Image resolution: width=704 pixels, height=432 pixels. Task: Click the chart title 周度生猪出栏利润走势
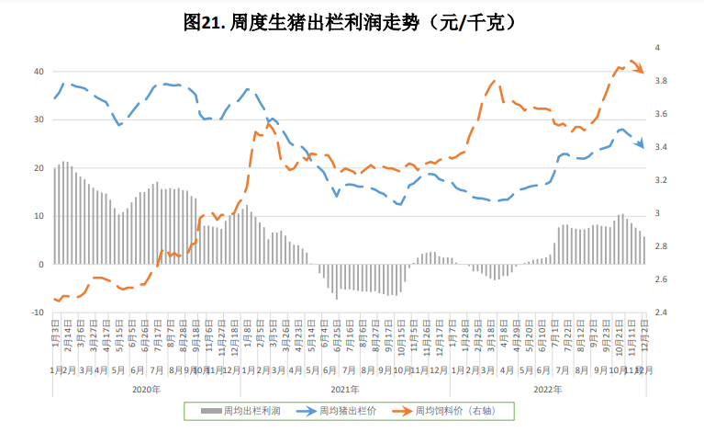352,21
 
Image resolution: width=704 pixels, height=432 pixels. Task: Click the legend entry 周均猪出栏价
340,411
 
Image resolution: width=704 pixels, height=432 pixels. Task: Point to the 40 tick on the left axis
39,72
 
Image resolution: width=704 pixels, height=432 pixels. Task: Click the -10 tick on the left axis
38,313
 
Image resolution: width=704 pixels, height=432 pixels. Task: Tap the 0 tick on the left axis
41,265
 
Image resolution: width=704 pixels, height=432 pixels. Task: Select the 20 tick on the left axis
39,168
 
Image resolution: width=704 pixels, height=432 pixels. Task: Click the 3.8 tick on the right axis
659,82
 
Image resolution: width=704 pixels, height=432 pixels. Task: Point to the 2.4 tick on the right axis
659,313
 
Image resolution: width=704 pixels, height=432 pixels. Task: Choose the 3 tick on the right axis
655,213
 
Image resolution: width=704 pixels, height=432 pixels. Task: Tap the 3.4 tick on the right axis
659,147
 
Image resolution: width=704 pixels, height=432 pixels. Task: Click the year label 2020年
147,389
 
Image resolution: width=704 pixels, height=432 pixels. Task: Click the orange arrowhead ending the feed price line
641,70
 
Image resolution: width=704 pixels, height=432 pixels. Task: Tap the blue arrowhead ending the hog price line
641,145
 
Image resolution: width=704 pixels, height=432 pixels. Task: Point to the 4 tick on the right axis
655,48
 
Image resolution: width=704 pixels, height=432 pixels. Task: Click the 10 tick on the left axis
39,216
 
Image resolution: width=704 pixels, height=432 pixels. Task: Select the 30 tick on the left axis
39,119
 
